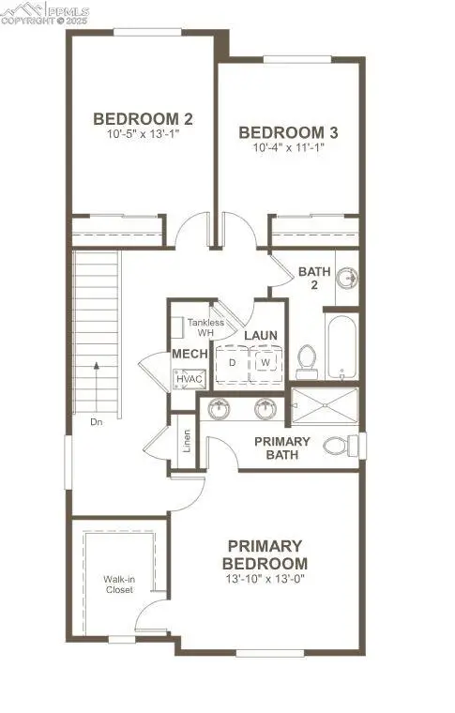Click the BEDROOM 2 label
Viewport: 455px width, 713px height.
[143, 119]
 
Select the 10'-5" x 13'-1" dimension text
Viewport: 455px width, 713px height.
[143, 135]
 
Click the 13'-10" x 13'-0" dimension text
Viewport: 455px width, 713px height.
[265, 579]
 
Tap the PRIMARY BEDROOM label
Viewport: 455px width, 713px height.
[265, 554]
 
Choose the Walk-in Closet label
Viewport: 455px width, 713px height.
[118, 585]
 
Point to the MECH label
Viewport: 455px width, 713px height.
[183, 354]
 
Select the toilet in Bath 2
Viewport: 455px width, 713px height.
[306, 360]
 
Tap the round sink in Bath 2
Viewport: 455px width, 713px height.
[347, 278]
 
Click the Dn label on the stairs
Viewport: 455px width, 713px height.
[97, 421]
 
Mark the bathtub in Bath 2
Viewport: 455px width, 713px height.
[341, 346]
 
